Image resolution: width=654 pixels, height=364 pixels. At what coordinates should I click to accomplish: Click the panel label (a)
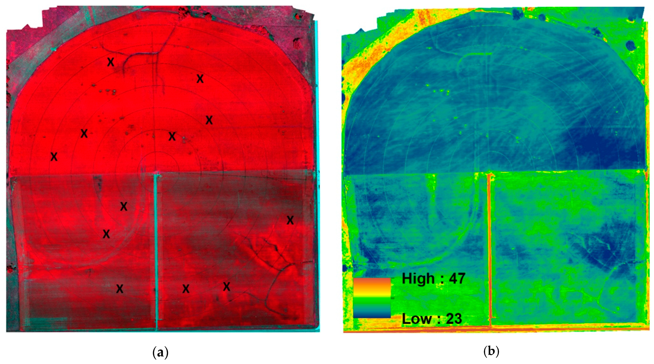point(161,352)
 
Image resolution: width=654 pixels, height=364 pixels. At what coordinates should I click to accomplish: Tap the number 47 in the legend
point(457,279)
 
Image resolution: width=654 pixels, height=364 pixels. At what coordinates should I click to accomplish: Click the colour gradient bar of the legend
point(372,298)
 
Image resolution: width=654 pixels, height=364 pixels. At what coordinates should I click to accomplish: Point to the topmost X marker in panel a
point(111,62)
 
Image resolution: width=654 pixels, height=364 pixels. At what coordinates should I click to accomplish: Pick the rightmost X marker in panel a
point(290,220)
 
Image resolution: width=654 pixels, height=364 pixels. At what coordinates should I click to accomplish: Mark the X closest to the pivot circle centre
point(172,137)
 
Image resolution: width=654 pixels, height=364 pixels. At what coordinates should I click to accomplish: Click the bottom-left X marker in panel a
point(120,289)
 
